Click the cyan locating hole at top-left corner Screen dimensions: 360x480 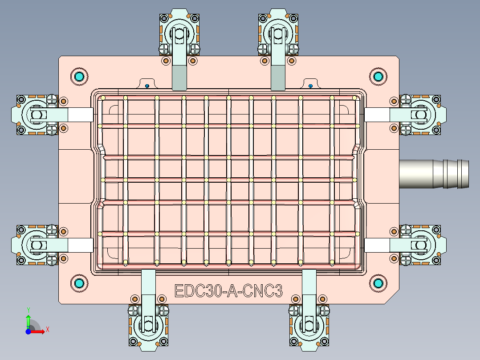coord(80,77)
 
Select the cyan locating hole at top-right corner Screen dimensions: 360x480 coord(378,76)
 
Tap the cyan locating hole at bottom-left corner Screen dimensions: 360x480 coord(80,283)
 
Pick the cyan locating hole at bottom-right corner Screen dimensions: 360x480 coord(378,283)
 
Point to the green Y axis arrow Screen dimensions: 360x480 coord(28,319)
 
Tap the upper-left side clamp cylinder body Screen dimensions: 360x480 coord(36,115)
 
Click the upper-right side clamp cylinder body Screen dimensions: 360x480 coord(421,115)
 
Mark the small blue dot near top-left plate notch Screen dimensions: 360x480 coord(146,86)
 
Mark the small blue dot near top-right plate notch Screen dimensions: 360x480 coord(310,86)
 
